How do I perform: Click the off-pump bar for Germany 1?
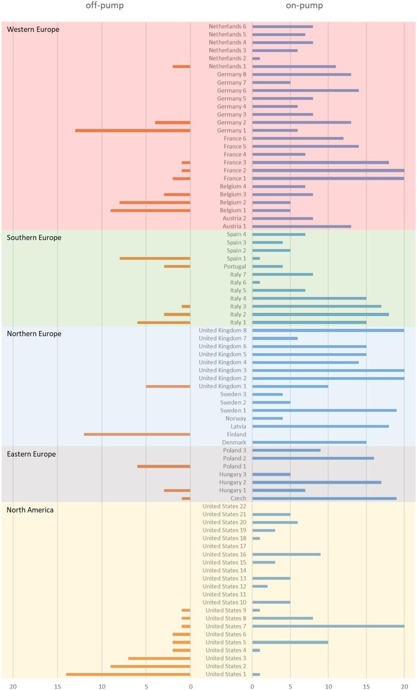pyautogui.click(x=133, y=130)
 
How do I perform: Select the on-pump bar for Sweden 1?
pyautogui.click(x=324, y=410)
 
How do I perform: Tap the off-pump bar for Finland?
pyautogui.click(x=137, y=434)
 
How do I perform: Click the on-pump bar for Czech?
pyautogui.click(x=324, y=498)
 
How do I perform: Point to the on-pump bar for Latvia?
pyautogui.click(x=320, y=426)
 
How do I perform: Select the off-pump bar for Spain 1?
pyautogui.click(x=155, y=258)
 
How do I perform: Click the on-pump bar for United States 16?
pyautogui.click(x=286, y=554)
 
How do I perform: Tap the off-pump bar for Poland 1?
pyautogui.click(x=164, y=466)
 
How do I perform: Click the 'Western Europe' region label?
pyautogui.click(x=33, y=29)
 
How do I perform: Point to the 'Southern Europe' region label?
pyautogui.click(x=34, y=237)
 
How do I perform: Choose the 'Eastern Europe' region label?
pyautogui.click(x=31, y=454)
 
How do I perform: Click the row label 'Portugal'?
pyautogui.click(x=235, y=266)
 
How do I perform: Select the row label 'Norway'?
pyautogui.click(x=236, y=418)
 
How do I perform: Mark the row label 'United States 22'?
pyautogui.click(x=224, y=506)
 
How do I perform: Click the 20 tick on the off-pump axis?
pyautogui.click(x=13, y=685)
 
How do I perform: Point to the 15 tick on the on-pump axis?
pyautogui.click(x=366, y=685)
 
